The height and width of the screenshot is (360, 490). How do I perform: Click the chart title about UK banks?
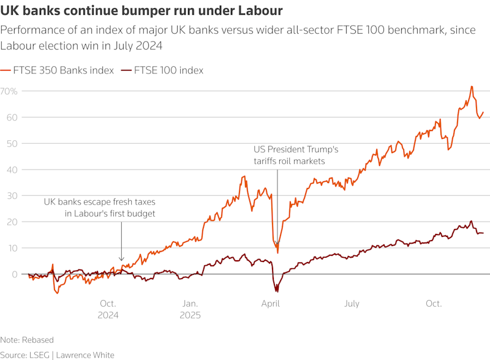[141, 10]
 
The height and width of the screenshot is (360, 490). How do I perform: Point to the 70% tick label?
[10, 91]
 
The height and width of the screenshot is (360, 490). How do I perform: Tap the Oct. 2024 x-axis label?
[108, 309]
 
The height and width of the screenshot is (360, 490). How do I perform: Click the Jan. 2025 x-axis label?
[189, 309]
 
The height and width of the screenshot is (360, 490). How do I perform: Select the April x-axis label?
[271, 304]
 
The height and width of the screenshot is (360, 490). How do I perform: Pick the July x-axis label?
[352, 304]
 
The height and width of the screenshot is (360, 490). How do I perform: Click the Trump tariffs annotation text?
[296, 155]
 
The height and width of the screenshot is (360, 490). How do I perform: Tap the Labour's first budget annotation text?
[99, 208]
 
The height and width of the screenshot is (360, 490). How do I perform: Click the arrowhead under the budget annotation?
[121, 260]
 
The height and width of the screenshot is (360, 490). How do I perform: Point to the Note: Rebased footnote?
[27, 340]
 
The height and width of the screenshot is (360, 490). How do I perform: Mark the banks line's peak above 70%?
[472, 87]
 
